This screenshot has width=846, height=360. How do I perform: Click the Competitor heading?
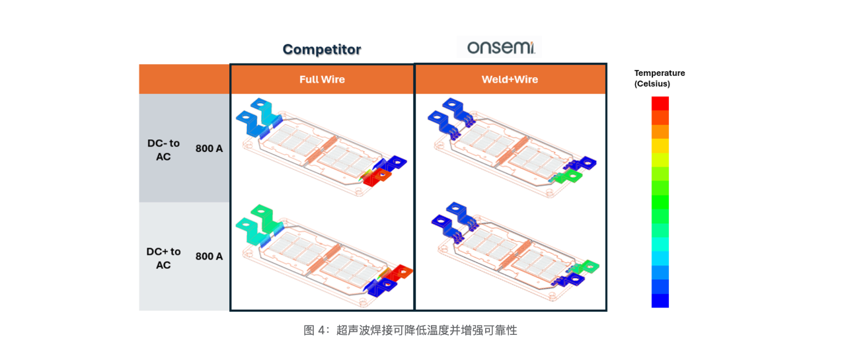click(x=322, y=50)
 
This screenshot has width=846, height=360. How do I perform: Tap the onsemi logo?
click(x=499, y=47)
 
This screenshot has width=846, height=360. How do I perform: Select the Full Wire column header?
click(x=322, y=79)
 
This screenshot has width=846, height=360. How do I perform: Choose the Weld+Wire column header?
click(x=510, y=79)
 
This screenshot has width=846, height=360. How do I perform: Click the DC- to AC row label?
click(x=163, y=149)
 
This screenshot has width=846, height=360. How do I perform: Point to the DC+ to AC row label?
click(x=163, y=258)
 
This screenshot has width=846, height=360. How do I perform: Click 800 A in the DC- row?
click(x=209, y=149)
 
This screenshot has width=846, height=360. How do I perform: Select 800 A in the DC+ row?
click(x=209, y=256)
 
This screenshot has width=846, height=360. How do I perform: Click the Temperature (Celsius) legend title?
click(x=659, y=79)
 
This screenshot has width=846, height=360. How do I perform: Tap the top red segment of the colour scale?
click(x=660, y=103)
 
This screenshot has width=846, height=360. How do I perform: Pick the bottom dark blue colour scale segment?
click(x=660, y=301)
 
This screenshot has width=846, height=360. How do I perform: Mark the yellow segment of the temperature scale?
click(x=660, y=145)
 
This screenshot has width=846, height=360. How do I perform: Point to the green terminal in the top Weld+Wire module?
click(x=567, y=176)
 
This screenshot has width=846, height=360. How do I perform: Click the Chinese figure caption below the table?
click(x=410, y=330)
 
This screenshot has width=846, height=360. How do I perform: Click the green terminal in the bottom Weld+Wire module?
click(x=585, y=267)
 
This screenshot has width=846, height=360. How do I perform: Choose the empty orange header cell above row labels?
click(x=184, y=79)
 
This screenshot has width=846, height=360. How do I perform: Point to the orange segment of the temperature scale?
click(x=660, y=131)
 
